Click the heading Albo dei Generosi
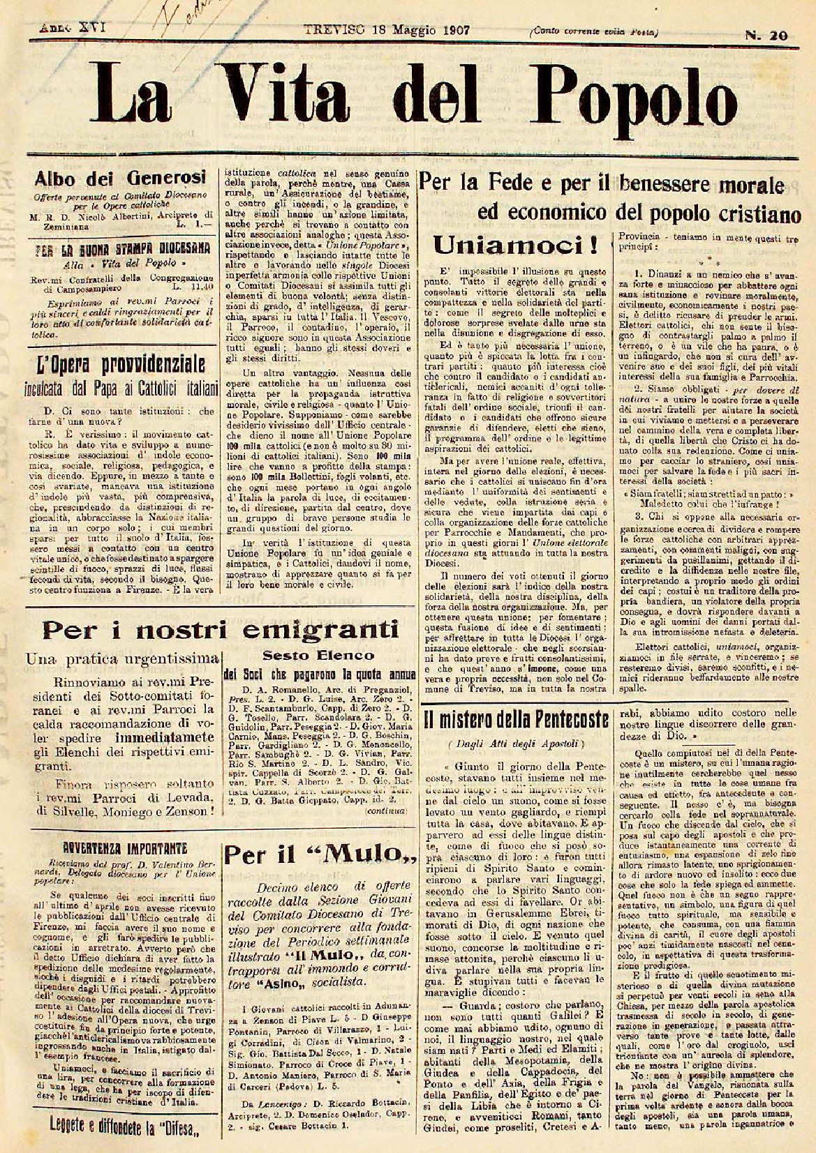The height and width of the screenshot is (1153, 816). coord(121,178)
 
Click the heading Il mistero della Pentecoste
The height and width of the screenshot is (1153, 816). coord(517,718)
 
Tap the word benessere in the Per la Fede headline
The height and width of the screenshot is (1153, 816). coord(682,187)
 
